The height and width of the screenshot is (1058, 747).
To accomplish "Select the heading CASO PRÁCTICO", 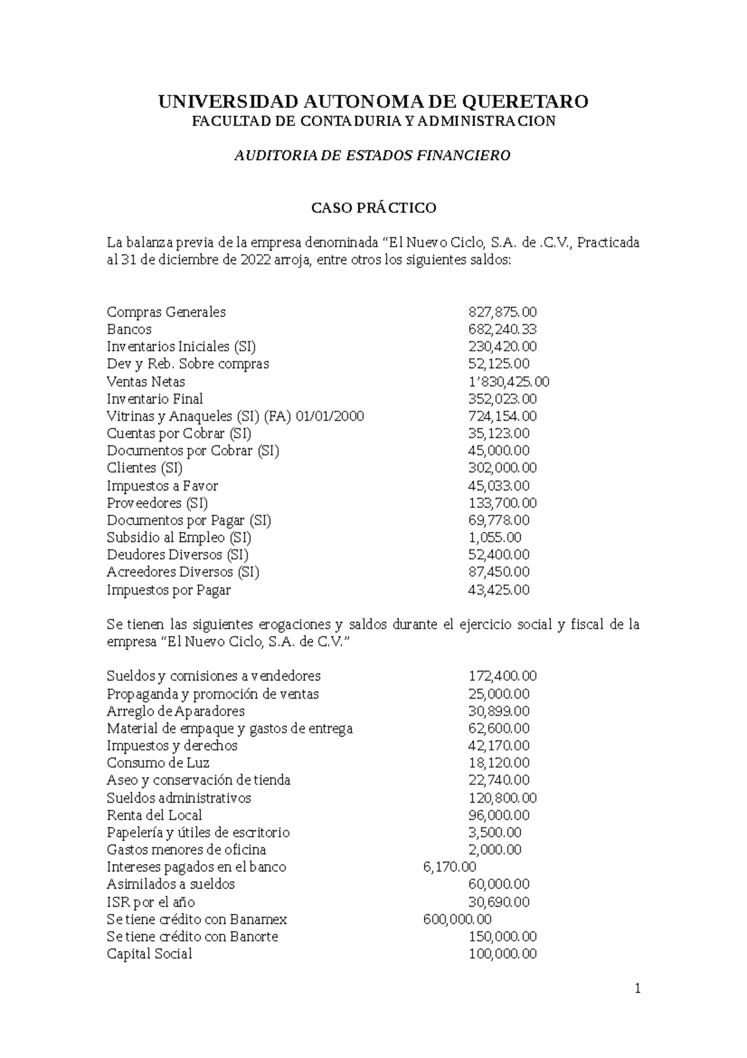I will coord(374,207).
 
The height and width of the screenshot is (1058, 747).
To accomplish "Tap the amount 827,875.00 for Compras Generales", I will coord(502,312).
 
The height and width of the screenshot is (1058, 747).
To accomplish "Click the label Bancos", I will coord(129,330).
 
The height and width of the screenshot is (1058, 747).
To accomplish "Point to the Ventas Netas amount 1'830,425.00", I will coord(508,382).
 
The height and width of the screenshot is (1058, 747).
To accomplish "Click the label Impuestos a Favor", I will coord(162,486).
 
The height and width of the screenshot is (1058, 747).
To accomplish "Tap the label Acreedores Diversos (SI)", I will coord(182,572).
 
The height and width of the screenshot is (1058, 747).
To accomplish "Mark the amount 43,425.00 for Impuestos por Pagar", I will coord(498,590).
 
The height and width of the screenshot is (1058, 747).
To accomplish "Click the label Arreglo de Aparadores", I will coord(176,712).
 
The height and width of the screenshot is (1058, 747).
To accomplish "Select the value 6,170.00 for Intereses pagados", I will coord(449,867).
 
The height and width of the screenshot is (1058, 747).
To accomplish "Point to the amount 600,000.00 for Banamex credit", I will coord(456,920).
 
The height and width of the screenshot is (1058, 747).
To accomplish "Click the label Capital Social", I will coord(149,954).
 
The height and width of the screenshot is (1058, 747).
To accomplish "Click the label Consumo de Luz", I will coord(157,763).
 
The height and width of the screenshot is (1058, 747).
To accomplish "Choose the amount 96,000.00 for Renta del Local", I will coord(498,816).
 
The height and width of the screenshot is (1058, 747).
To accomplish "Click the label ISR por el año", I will coord(151,902).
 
